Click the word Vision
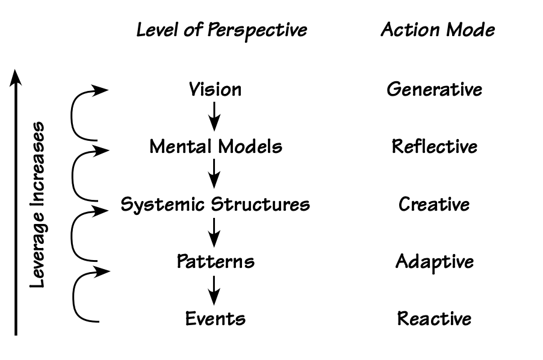click(x=215, y=90)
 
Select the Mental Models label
click(x=216, y=146)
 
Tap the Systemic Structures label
click(x=216, y=204)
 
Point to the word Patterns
click(x=216, y=261)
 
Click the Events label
click(x=216, y=318)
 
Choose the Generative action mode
click(x=434, y=90)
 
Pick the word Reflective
click(x=434, y=146)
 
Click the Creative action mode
click(x=434, y=204)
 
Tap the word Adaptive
click(x=434, y=261)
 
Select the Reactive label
click(x=434, y=318)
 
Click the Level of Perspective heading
click(x=222, y=30)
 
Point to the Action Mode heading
click(x=438, y=30)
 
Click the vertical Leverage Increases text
click(x=38, y=205)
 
